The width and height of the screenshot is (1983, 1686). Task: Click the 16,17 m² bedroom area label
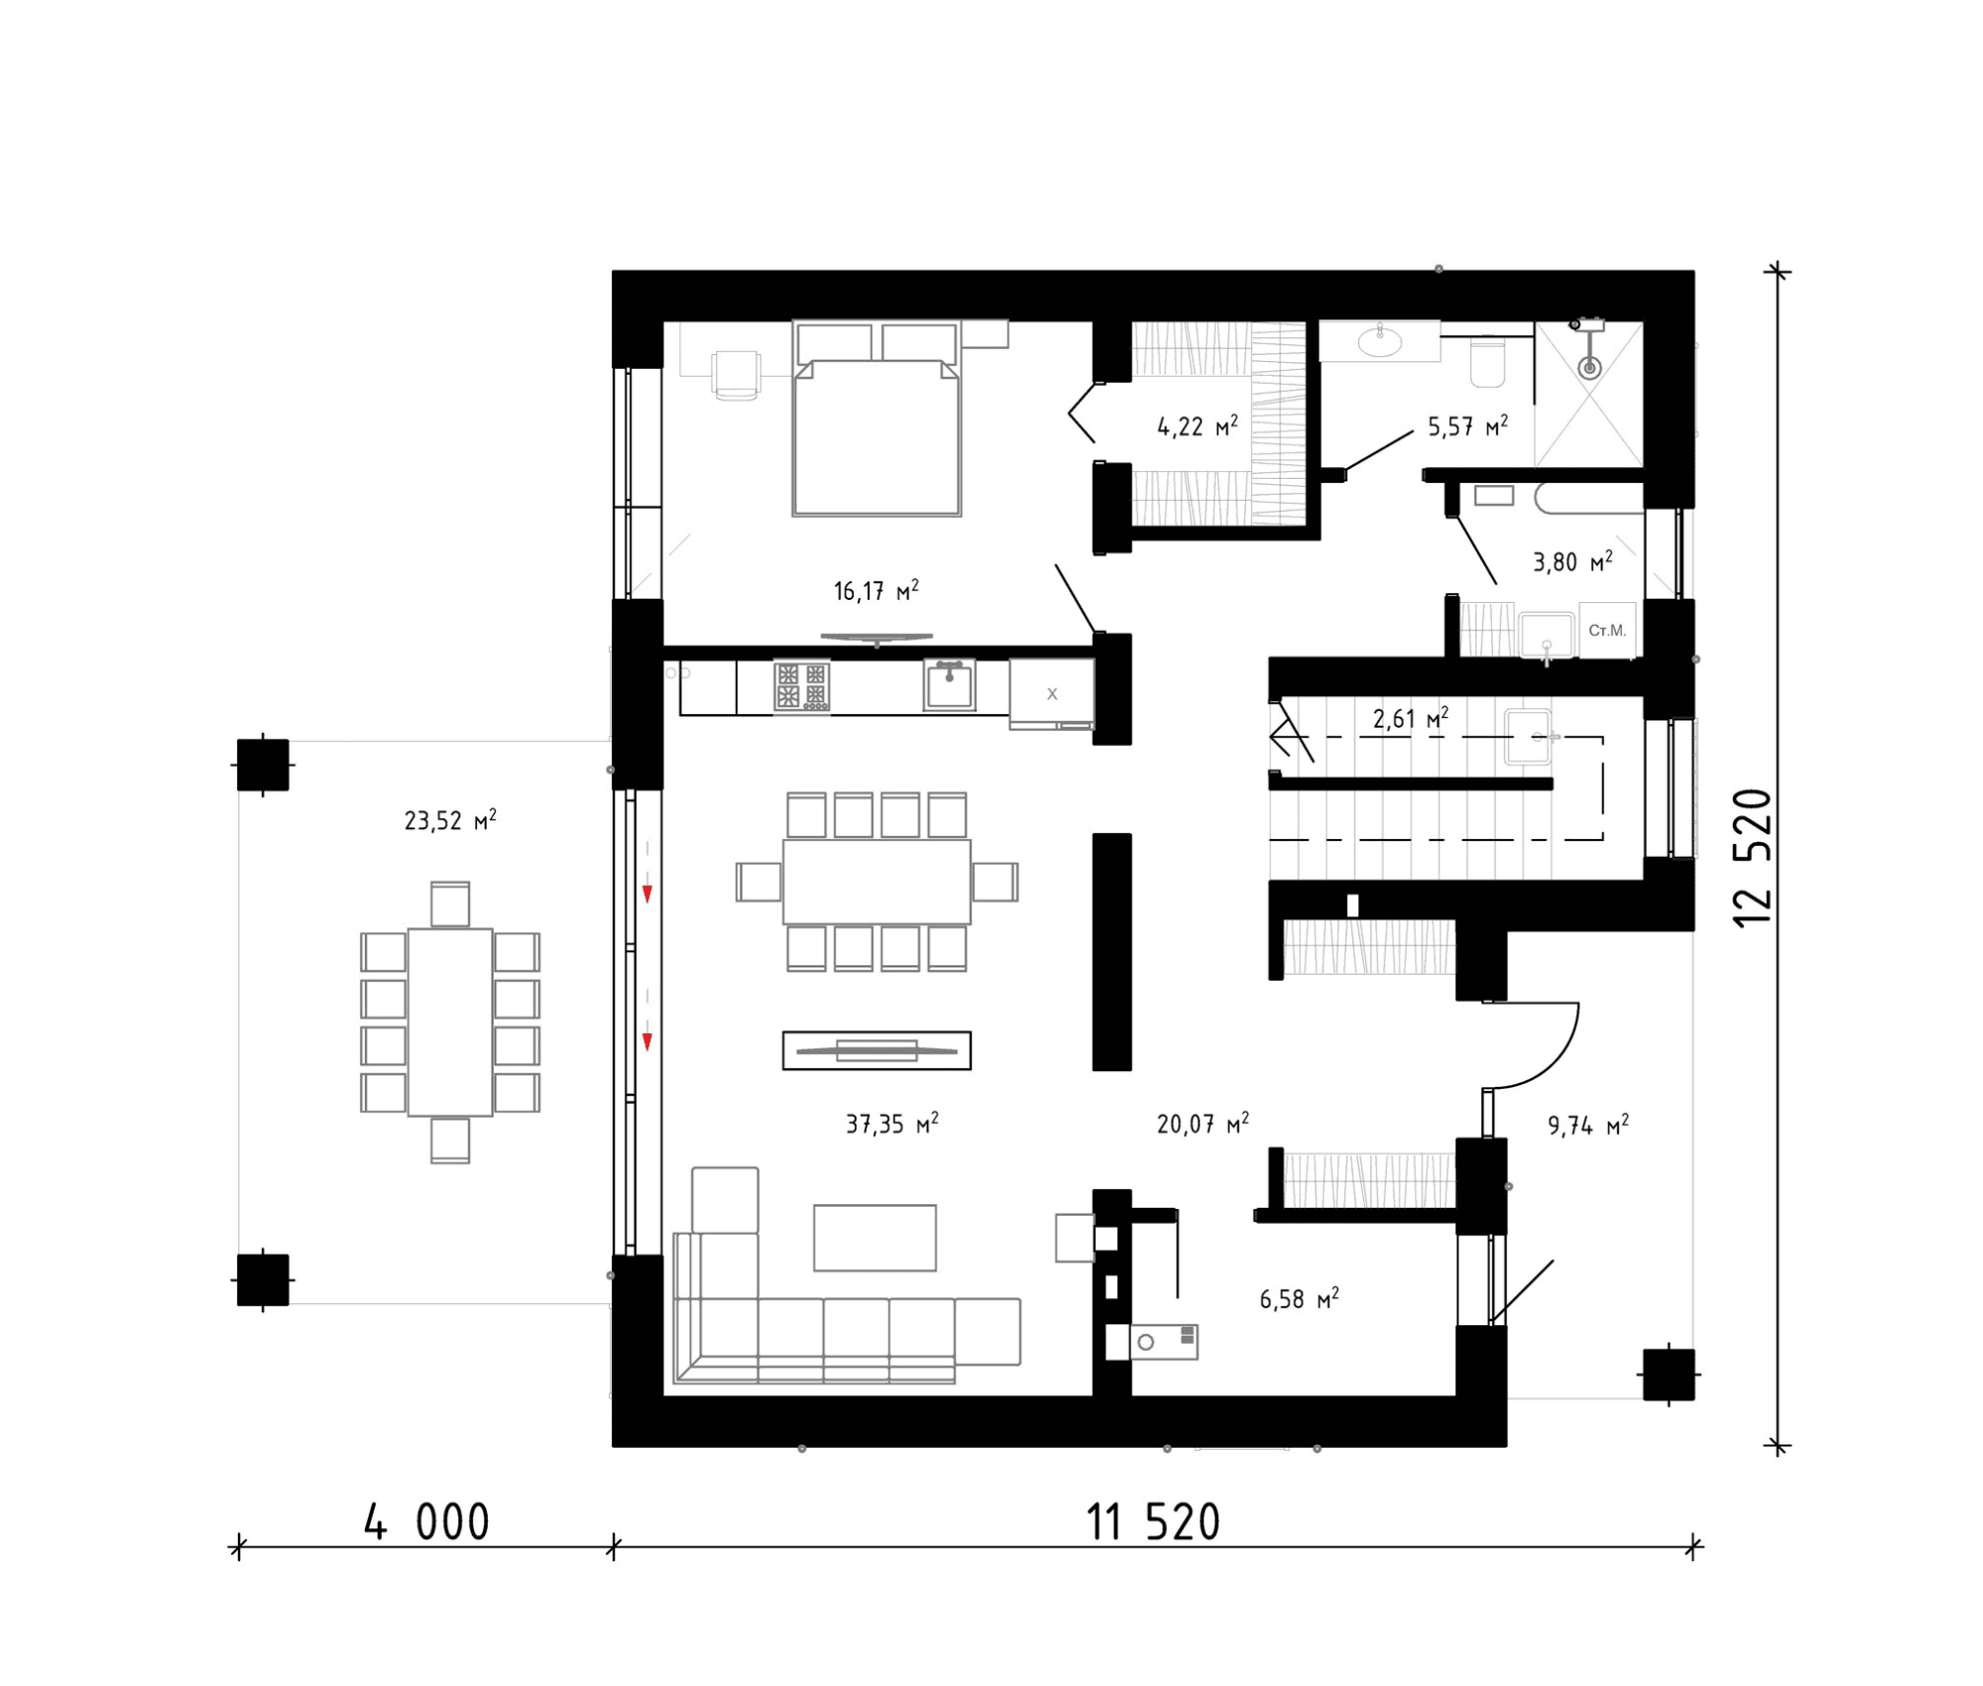pyautogui.click(x=875, y=591)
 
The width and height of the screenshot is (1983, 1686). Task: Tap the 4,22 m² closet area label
pyautogui.click(x=1198, y=426)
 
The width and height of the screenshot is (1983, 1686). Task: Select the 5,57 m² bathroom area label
pyautogui.click(x=1467, y=426)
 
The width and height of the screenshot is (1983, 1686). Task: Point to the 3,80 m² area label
pyautogui.click(x=1573, y=562)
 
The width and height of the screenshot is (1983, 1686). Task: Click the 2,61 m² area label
pyautogui.click(x=1410, y=718)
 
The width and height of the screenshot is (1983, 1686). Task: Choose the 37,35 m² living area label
pyautogui.click(x=891, y=1124)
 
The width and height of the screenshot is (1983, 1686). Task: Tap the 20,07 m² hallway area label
pyautogui.click(x=1203, y=1124)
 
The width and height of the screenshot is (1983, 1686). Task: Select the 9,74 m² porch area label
pyautogui.click(x=1588, y=1126)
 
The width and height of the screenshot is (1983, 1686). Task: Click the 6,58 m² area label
pyautogui.click(x=1299, y=1299)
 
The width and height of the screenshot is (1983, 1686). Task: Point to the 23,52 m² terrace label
pyautogui.click(x=450, y=820)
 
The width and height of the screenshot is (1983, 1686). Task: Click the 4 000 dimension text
pyautogui.click(x=426, y=1522)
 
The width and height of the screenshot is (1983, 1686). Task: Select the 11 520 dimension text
pyautogui.click(x=1153, y=1522)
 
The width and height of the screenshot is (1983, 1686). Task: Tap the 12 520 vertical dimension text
pyautogui.click(x=1752, y=858)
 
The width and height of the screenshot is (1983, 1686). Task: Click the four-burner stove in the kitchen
pyautogui.click(x=801, y=686)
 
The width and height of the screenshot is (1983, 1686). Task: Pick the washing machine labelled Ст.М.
pyautogui.click(x=1607, y=630)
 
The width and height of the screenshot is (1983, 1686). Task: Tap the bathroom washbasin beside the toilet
pyautogui.click(x=1379, y=341)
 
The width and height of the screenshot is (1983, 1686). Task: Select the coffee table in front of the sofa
pyautogui.click(x=875, y=1238)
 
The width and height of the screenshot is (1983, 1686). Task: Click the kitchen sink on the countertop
pyautogui.click(x=949, y=685)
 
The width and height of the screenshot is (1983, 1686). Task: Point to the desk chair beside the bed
pyautogui.click(x=736, y=375)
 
